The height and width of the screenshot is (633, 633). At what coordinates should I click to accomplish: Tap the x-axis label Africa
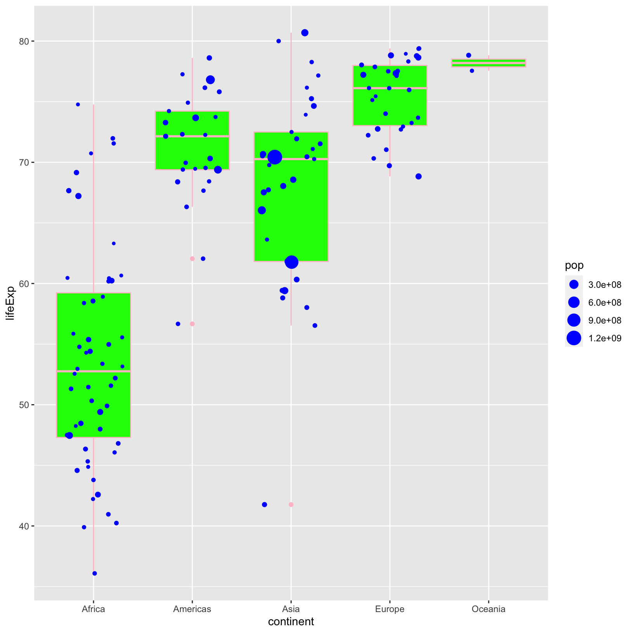point(93,609)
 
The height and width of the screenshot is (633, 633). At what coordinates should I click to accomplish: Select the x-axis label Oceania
point(488,609)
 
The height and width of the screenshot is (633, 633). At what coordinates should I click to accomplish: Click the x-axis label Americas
point(192,609)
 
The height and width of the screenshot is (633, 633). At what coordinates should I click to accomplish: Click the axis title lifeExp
point(10,303)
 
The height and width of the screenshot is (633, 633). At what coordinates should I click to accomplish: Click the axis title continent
point(291,622)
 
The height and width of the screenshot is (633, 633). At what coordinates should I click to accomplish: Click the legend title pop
point(574,265)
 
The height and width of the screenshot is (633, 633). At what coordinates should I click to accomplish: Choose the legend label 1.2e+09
point(605,338)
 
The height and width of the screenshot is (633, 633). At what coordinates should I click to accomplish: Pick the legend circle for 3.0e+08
point(574,285)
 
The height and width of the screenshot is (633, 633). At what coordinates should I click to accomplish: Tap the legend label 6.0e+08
point(605,303)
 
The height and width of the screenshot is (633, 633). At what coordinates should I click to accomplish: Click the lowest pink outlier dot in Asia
point(291,505)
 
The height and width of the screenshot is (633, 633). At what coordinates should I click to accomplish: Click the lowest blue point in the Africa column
point(95,573)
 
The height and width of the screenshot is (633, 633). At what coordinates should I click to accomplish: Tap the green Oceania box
point(488,63)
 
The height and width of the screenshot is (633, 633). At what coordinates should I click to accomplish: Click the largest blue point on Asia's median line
point(275,157)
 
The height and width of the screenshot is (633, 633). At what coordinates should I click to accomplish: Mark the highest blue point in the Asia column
point(305,33)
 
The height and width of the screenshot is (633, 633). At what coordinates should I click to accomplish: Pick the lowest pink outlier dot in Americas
point(192,324)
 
